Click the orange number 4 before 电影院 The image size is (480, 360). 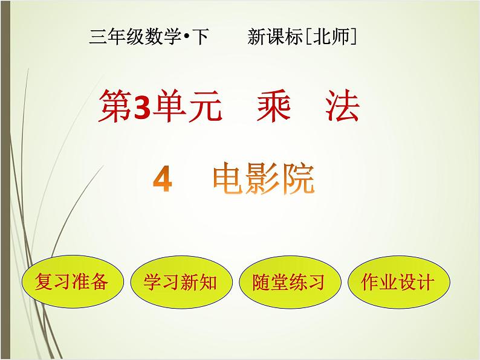pyautogui.click(x=164, y=179)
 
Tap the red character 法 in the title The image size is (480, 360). pyautogui.click(x=342, y=107)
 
